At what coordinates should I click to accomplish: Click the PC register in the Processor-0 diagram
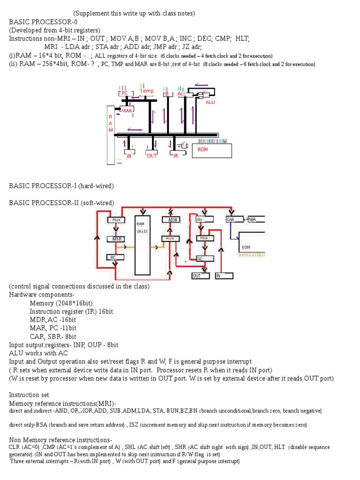point(124,93)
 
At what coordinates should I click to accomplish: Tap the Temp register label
point(147,91)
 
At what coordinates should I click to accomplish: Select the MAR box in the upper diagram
point(127,111)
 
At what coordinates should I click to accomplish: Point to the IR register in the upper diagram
point(176,155)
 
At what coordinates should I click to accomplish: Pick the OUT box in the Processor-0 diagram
point(152,156)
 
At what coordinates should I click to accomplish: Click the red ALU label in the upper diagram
point(210,102)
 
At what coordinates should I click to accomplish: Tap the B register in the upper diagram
point(166,94)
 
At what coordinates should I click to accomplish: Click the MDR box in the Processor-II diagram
point(171,220)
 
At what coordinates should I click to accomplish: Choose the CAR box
point(234,219)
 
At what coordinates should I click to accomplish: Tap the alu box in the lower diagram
point(204,219)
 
